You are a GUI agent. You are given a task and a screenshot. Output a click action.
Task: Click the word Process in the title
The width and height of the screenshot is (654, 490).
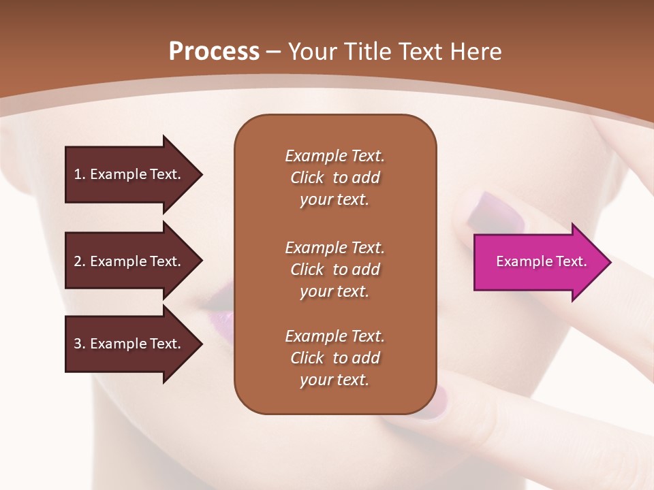[214, 52]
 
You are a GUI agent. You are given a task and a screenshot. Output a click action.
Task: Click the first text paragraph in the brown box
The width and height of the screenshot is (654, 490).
[334, 178]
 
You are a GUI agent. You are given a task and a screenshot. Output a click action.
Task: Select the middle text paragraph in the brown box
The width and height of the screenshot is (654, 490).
[334, 269]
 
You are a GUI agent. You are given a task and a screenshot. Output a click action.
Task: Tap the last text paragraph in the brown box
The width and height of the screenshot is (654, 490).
[334, 358]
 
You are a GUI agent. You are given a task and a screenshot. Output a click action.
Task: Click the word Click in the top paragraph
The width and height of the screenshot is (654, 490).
[307, 178]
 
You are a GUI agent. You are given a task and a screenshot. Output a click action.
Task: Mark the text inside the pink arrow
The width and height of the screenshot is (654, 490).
[541, 261]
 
